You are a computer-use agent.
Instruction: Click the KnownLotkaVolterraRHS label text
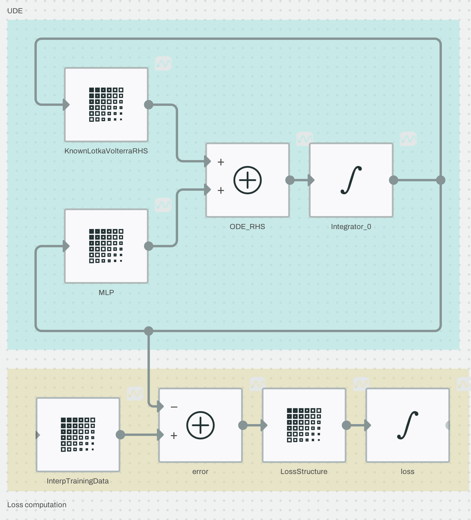106,151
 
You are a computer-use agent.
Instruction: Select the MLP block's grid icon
106,246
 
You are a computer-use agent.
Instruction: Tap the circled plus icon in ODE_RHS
247,180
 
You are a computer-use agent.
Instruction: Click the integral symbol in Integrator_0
351,180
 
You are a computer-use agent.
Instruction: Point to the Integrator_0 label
351,227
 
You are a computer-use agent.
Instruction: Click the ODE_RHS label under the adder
247,227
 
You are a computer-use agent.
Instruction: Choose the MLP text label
106,292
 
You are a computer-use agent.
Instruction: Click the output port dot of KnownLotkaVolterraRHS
149,105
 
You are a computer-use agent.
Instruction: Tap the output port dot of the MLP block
149,246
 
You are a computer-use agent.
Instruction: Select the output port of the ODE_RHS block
290,180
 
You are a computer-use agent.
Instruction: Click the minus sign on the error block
174,407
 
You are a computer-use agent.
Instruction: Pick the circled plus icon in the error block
200,425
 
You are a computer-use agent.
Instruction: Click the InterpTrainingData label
78,481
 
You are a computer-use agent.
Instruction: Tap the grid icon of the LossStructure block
304,425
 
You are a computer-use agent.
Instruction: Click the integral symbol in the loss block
407,425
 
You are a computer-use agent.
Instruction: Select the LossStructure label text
304,471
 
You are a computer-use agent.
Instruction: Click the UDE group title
15,11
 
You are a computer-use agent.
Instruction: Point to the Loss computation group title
37,505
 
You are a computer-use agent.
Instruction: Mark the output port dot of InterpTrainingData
120,435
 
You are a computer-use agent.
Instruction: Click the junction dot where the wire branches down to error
149,331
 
